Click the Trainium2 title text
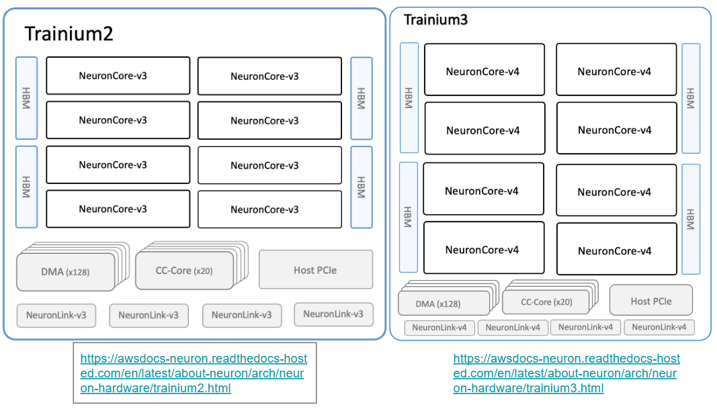(x=69, y=34)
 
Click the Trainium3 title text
(x=435, y=19)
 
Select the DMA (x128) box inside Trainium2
(x=65, y=272)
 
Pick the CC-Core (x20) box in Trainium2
(x=184, y=271)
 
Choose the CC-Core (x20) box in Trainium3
(x=546, y=302)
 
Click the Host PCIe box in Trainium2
(x=315, y=270)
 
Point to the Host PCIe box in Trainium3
(x=650, y=301)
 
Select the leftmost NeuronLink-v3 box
(x=56, y=314)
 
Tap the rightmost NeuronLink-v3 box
(x=333, y=314)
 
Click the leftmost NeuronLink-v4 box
(x=439, y=328)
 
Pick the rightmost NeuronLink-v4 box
(x=659, y=328)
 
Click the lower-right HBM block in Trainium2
(x=361, y=187)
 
